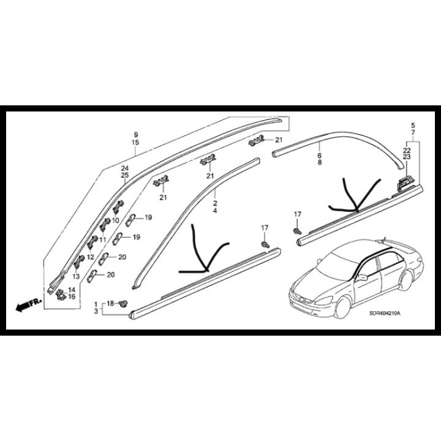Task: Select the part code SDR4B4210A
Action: [x=385, y=313]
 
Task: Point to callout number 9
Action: [x=136, y=134]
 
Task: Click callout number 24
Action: [x=125, y=168]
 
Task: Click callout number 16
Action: [x=72, y=296]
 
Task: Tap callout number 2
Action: [x=215, y=202]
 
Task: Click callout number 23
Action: [x=407, y=157]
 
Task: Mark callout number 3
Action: [x=96, y=312]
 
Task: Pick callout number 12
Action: [x=90, y=257]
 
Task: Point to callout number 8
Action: [x=320, y=164]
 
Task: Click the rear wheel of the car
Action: [x=404, y=283]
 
